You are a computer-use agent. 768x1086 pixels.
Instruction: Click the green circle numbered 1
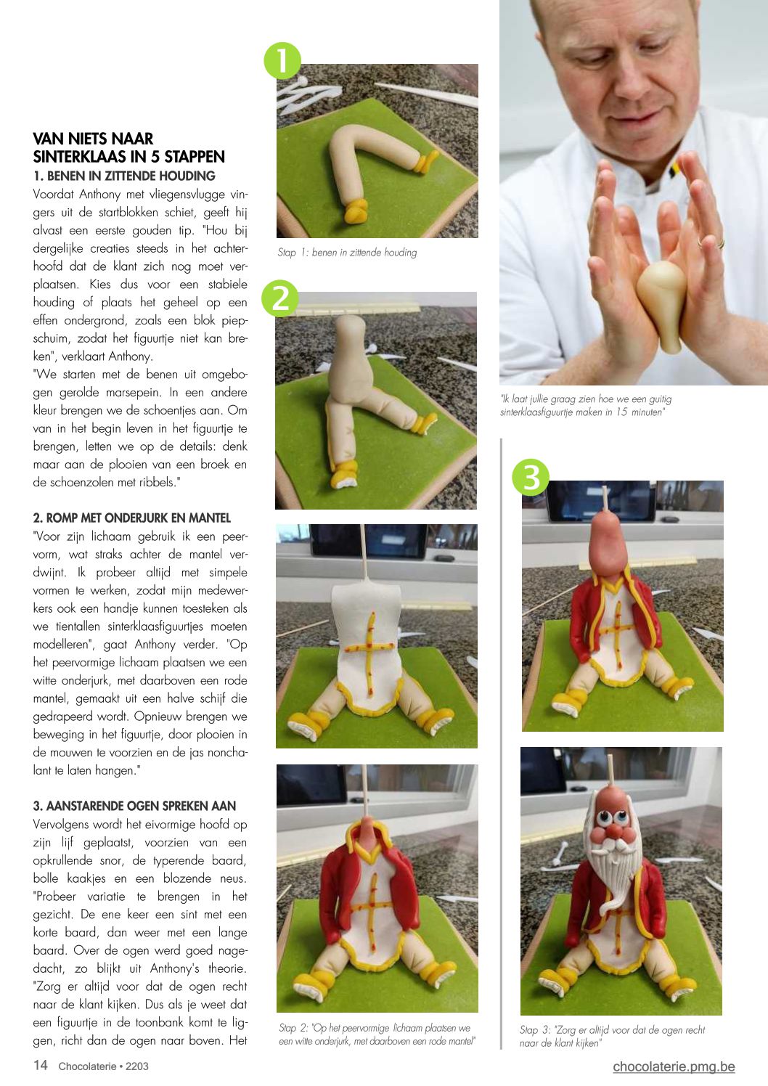282,60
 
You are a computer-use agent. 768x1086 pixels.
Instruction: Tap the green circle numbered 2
280,298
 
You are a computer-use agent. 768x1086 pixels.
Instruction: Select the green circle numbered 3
531,477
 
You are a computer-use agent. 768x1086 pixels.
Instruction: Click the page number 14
40,1065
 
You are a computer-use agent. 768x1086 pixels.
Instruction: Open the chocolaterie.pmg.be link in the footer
674,1066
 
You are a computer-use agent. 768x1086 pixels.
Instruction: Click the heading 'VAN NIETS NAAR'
93,139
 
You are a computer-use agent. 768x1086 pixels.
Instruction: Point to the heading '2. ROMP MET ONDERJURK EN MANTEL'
132,518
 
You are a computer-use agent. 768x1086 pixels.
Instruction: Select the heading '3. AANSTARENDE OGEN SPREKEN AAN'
134,806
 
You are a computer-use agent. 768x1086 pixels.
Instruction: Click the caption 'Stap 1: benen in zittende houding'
347,253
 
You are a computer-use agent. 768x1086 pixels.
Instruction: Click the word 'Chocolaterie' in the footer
87,1066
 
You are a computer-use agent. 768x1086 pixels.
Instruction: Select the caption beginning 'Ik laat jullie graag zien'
586,405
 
